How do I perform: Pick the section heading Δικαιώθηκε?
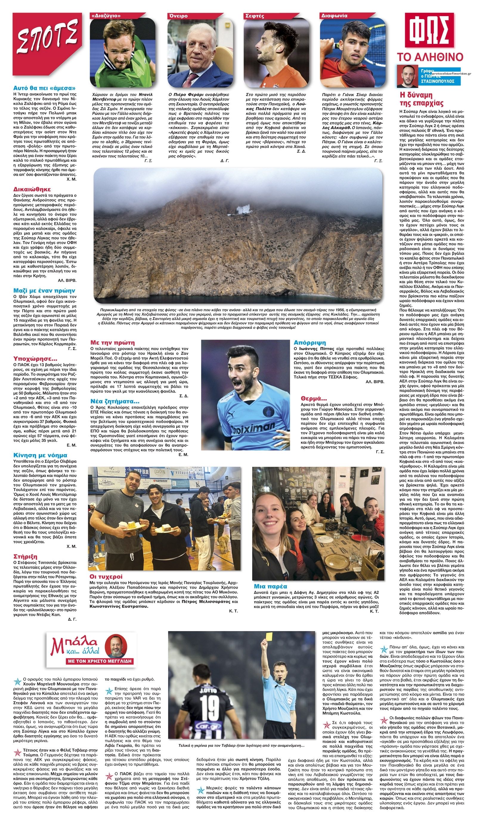point(32,189)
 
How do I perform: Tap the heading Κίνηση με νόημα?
point(40,455)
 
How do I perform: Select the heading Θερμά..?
point(314,398)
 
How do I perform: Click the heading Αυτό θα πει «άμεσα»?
point(44,88)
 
